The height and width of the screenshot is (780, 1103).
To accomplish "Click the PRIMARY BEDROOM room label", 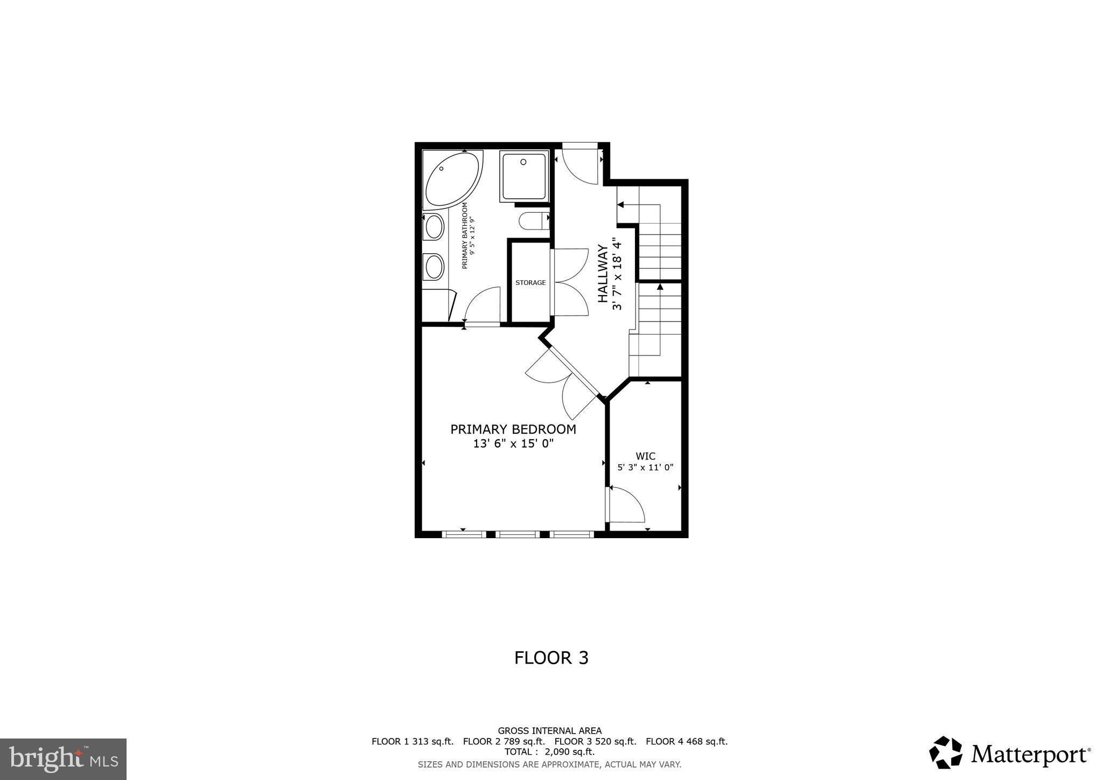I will pos(513,429).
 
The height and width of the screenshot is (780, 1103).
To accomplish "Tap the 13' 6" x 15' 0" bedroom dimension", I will pos(513,444).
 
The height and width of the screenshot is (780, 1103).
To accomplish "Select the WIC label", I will pos(645,456).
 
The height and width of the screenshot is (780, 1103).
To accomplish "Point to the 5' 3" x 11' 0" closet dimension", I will pos(645,468).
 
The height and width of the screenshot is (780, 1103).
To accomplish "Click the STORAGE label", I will pos(530,283).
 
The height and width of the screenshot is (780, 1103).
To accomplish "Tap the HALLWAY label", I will pos(603,274).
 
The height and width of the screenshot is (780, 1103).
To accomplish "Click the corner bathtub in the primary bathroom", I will pos(451,180).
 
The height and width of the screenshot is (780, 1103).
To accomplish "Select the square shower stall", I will pos(523,176).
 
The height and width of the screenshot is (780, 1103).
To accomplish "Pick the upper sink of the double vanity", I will pos(434,227).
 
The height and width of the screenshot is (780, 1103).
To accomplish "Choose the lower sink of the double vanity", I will pos(434,267).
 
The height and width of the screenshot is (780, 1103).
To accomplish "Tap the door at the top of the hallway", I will pos(581,164).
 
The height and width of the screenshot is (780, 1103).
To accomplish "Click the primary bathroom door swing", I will pos(483,305).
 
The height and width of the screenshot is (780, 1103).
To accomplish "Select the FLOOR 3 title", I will pos(551,658).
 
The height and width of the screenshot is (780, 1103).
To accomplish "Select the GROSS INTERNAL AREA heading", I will pos(549,731).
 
